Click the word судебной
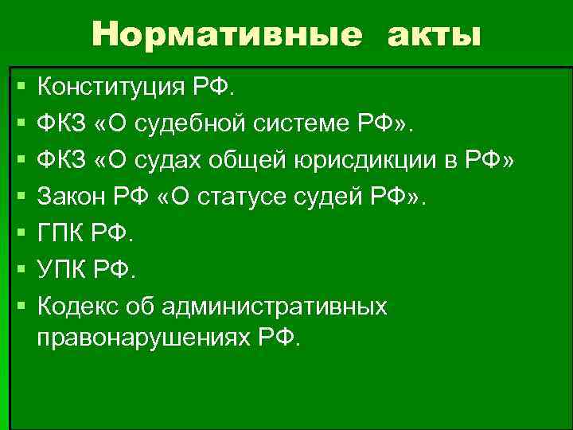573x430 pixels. (210, 123)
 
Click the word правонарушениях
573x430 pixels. (142, 337)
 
